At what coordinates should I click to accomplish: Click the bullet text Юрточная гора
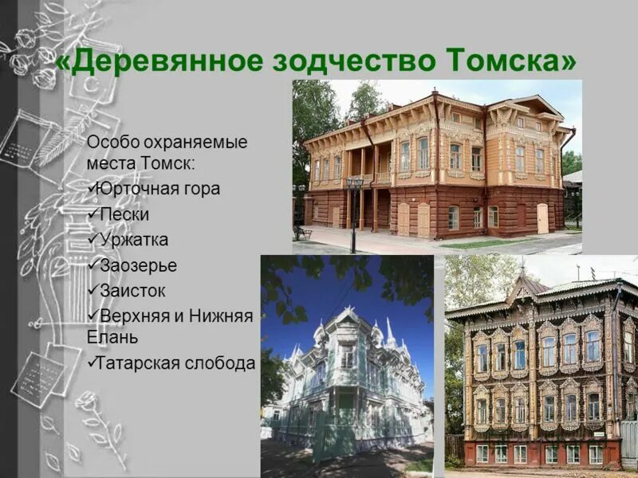[156, 190]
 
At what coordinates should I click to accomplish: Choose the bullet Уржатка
[134, 240]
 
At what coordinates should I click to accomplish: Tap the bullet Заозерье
[138, 265]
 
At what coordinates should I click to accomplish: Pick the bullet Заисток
[133, 291]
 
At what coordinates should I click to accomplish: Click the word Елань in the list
[112, 337]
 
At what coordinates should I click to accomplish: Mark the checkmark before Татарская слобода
[92, 362]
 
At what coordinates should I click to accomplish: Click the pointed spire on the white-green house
[390, 328]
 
